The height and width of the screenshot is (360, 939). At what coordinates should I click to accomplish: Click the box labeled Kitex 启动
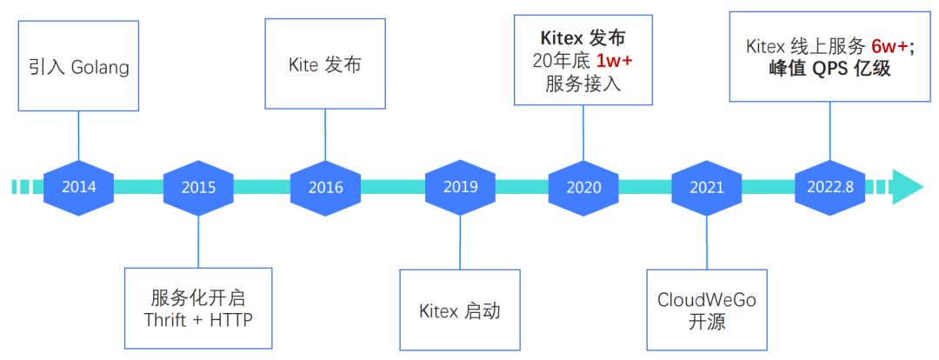(x=460, y=310)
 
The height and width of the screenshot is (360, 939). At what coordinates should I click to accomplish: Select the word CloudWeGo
(x=707, y=300)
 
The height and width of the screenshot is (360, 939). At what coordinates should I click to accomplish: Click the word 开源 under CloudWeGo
(x=707, y=323)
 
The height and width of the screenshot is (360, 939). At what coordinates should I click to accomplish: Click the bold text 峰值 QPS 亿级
(x=830, y=70)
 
